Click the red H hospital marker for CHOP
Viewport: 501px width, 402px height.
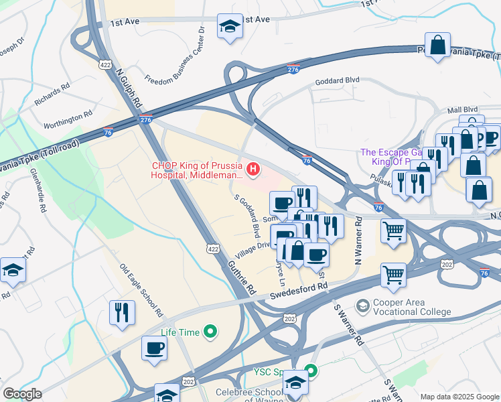click(x=253, y=171)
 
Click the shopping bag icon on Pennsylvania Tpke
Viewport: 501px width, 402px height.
click(x=437, y=46)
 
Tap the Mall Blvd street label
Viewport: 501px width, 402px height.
click(x=462, y=109)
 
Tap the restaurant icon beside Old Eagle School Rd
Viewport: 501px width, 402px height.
click(x=122, y=312)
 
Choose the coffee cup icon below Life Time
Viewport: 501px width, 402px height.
click(x=154, y=348)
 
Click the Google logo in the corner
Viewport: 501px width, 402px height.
click(x=22, y=394)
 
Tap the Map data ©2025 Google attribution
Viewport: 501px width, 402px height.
click(x=459, y=397)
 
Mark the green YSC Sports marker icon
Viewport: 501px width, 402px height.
click(x=310, y=370)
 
